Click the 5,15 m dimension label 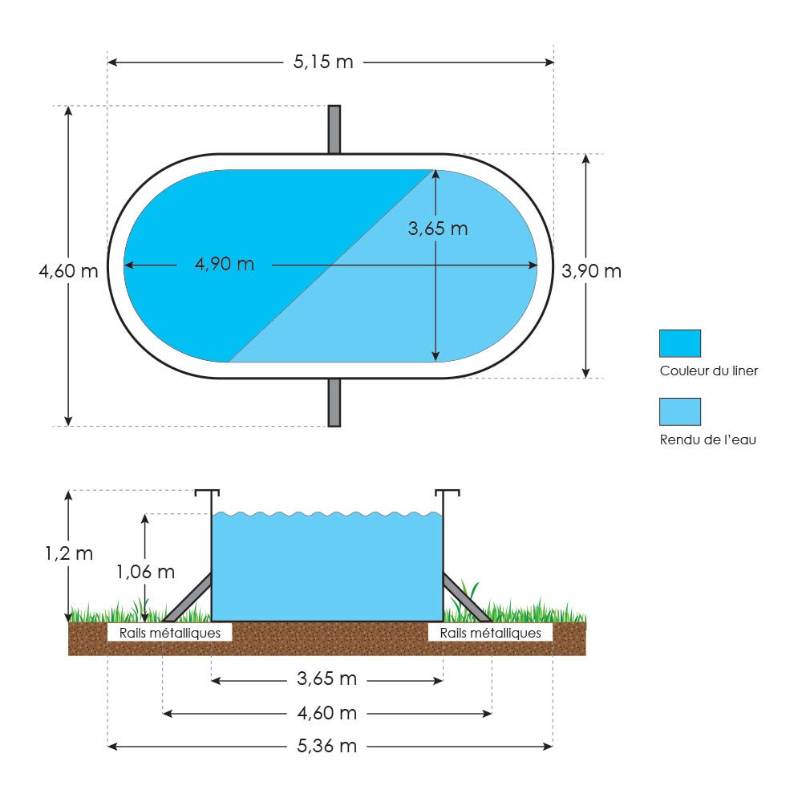pos(323,62)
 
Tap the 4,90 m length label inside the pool pos(225,264)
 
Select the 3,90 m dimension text pos(591,270)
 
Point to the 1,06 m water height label pos(146,571)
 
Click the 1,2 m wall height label pos(69,553)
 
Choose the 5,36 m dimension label pos(327,746)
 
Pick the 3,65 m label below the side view pos(327,678)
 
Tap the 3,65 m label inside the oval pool pos(438,228)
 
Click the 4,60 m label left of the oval pos(68,270)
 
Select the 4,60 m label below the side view pos(327,712)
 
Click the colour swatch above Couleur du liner pos(680,343)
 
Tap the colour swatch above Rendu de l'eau pos(680,411)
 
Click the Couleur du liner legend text pos(709,371)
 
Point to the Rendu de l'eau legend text pos(708,439)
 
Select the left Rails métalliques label pos(170,633)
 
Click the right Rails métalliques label pos(491,633)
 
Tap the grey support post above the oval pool pos(334,129)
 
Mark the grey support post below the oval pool pos(334,403)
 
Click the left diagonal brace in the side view pos(187,597)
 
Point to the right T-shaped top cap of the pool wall pos(447,493)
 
